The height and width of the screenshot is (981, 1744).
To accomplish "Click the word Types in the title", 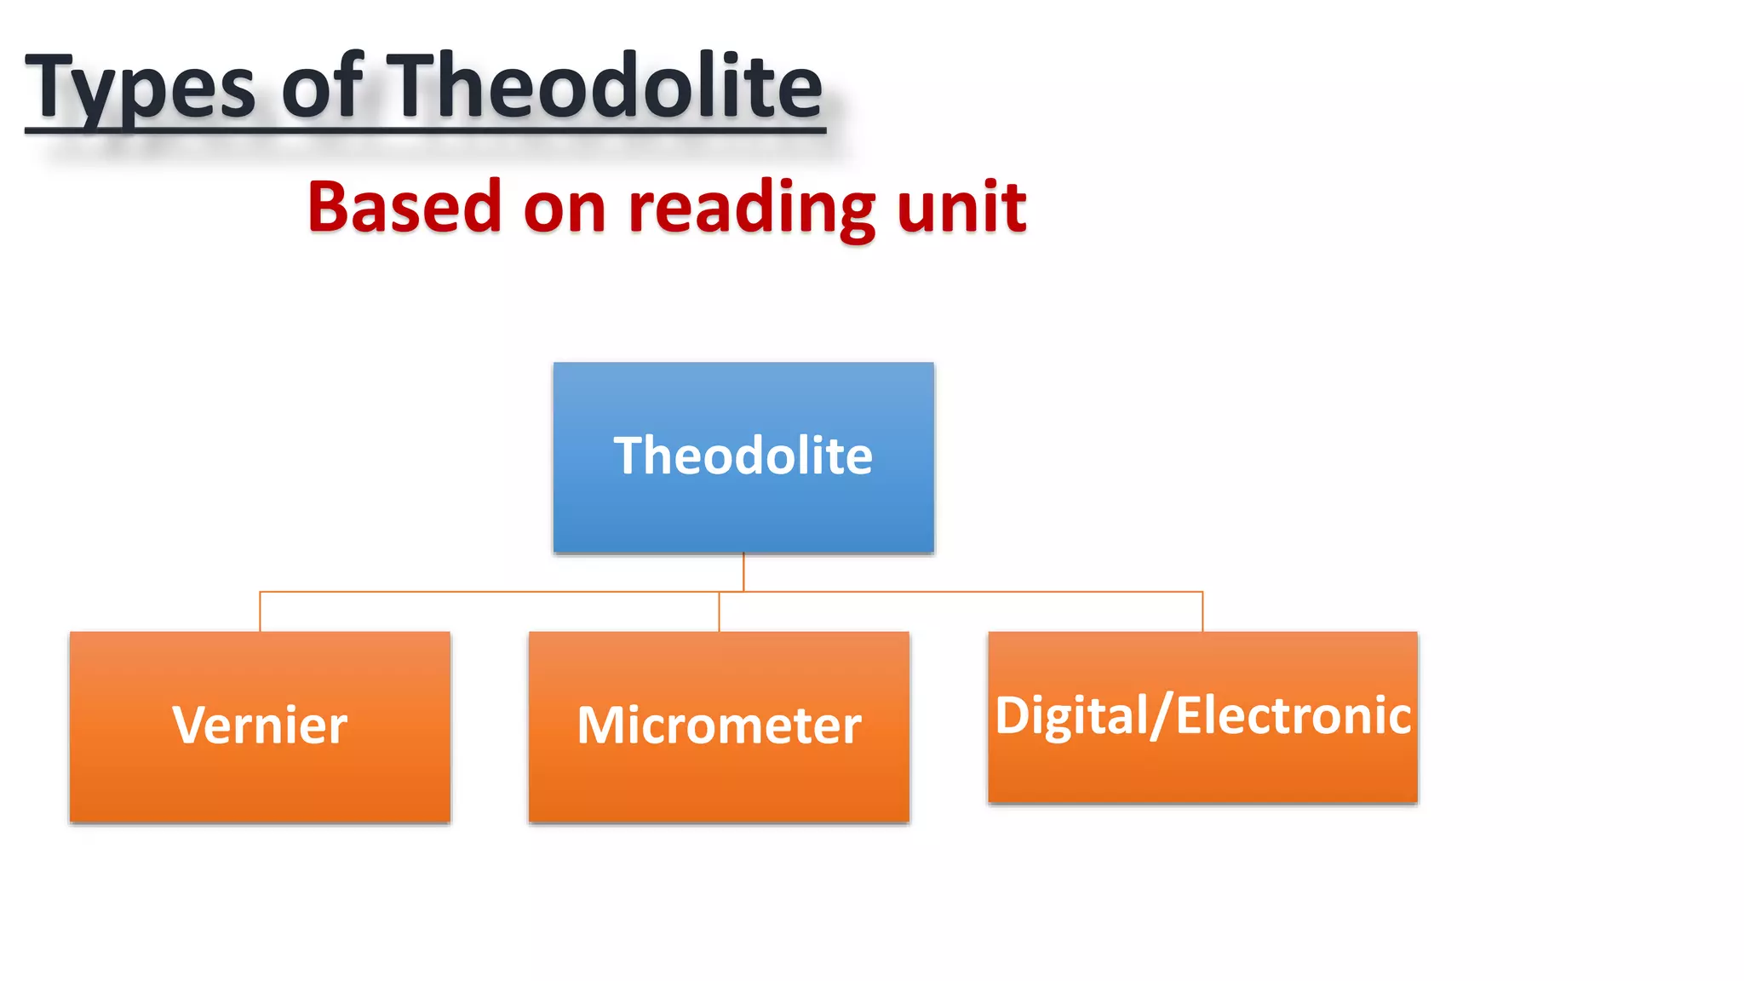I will point(141,87).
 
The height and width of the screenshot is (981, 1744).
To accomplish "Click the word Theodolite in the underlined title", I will point(605,85).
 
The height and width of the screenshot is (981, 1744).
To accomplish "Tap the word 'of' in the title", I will point(322,85).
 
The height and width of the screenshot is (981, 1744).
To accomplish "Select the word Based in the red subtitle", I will point(404,207).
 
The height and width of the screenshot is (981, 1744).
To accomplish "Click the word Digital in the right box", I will point(1071,715).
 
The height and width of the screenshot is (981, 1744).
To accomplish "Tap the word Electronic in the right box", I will point(1294,715).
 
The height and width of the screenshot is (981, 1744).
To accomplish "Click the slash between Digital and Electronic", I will point(1162,715).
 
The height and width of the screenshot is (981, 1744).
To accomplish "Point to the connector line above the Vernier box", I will point(260,611).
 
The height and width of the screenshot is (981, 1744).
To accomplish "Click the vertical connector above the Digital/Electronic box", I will point(1202,611).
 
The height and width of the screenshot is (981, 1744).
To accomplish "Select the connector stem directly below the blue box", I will point(743,571).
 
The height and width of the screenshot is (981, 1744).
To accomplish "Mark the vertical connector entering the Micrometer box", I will point(719,612).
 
